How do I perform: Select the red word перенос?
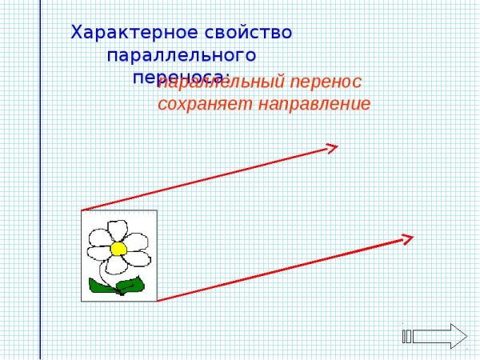(x=326, y=82)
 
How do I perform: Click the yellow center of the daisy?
(x=118, y=248)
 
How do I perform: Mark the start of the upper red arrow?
(x=83, y=210)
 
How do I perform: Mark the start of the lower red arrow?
(x=158, y=301)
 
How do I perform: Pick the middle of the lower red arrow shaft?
(x=285, y=269)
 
